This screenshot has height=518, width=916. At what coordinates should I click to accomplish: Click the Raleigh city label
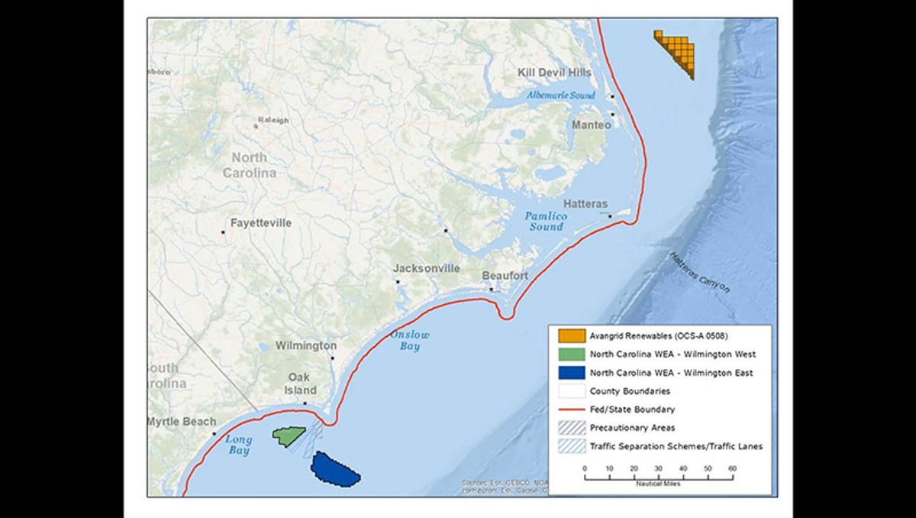[273, 120]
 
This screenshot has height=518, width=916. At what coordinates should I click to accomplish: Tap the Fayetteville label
[261, 223]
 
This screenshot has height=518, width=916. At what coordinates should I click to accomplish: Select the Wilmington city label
[305, 345]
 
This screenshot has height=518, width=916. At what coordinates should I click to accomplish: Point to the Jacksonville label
[427, 268]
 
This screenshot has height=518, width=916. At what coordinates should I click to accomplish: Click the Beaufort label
[505, 276]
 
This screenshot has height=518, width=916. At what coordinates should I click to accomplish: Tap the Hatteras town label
[585, 204]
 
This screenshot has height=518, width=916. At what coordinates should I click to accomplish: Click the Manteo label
[592, 125]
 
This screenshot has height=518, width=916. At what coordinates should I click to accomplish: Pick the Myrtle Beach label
[181, 422]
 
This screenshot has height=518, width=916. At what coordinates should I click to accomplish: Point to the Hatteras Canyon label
[699, 274]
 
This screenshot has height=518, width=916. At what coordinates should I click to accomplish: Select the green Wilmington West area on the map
[288, 436]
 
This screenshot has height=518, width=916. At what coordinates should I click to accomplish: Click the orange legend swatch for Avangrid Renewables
[571, 336]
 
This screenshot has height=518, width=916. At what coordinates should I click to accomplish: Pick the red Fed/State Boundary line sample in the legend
[571, 410]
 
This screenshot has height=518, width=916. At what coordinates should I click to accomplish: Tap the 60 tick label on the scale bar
[732, 468]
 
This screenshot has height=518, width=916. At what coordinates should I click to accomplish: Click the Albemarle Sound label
[560, 96]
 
